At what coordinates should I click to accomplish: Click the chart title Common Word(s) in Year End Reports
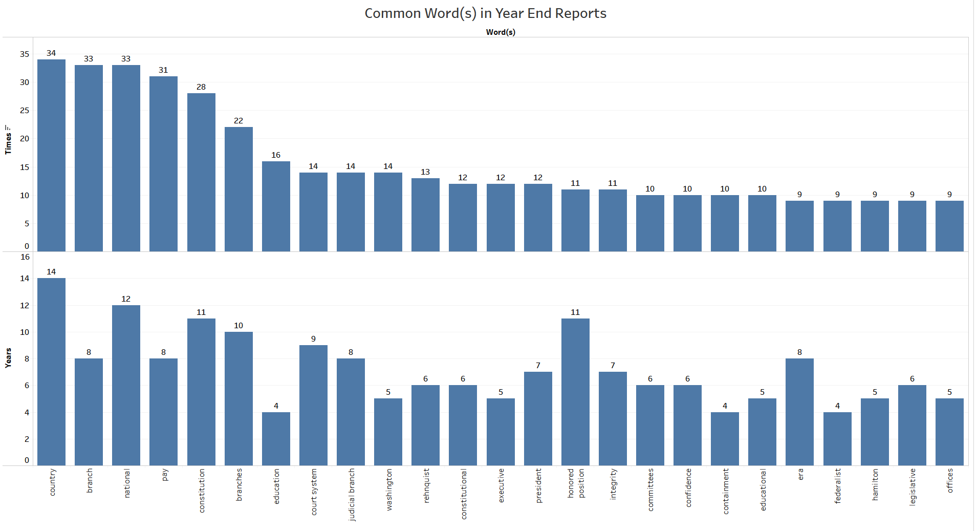pos(485,13)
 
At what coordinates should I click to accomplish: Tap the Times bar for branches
pos(238,189)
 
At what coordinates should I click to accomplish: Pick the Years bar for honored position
pos(575,392)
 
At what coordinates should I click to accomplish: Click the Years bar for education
pos(276,438)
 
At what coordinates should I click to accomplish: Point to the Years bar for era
pos(799,412)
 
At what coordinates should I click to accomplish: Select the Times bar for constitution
pos(201,172)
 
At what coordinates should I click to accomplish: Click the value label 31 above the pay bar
pos(163,70)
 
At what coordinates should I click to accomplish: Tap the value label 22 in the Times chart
pos(238,121)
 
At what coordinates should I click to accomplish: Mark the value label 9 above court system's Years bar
pos(313,339)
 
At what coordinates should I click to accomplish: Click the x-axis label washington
pos(389,490)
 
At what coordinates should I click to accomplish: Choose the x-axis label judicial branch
pos(352,494)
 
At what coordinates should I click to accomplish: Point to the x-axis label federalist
pos(838,485)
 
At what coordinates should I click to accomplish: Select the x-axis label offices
pos(950,480)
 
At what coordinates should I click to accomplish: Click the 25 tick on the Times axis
pos(25,111)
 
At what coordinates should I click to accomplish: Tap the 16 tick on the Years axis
pos(25,257)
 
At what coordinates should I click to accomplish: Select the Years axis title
pos(8,357)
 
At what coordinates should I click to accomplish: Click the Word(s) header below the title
pos(501,32)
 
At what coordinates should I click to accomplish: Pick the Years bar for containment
pos(725,438)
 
